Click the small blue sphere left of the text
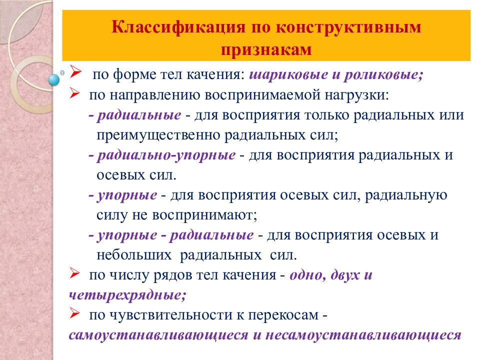53,78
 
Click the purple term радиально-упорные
166,154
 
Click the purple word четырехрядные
127,294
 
